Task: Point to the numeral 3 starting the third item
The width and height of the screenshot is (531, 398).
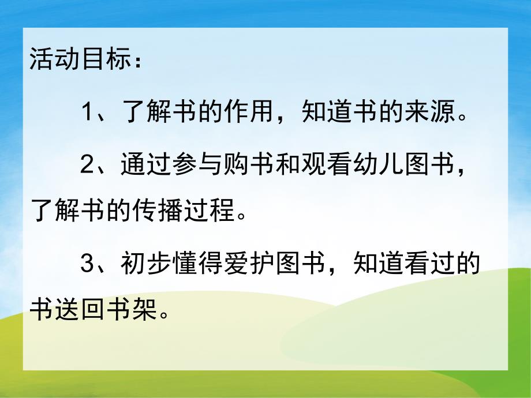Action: (x=87, y=265)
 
